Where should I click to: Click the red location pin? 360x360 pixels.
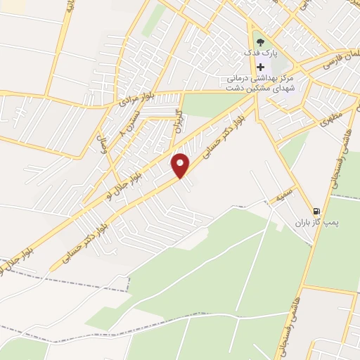(181, 165)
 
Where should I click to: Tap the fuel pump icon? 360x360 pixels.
(317, 211)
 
